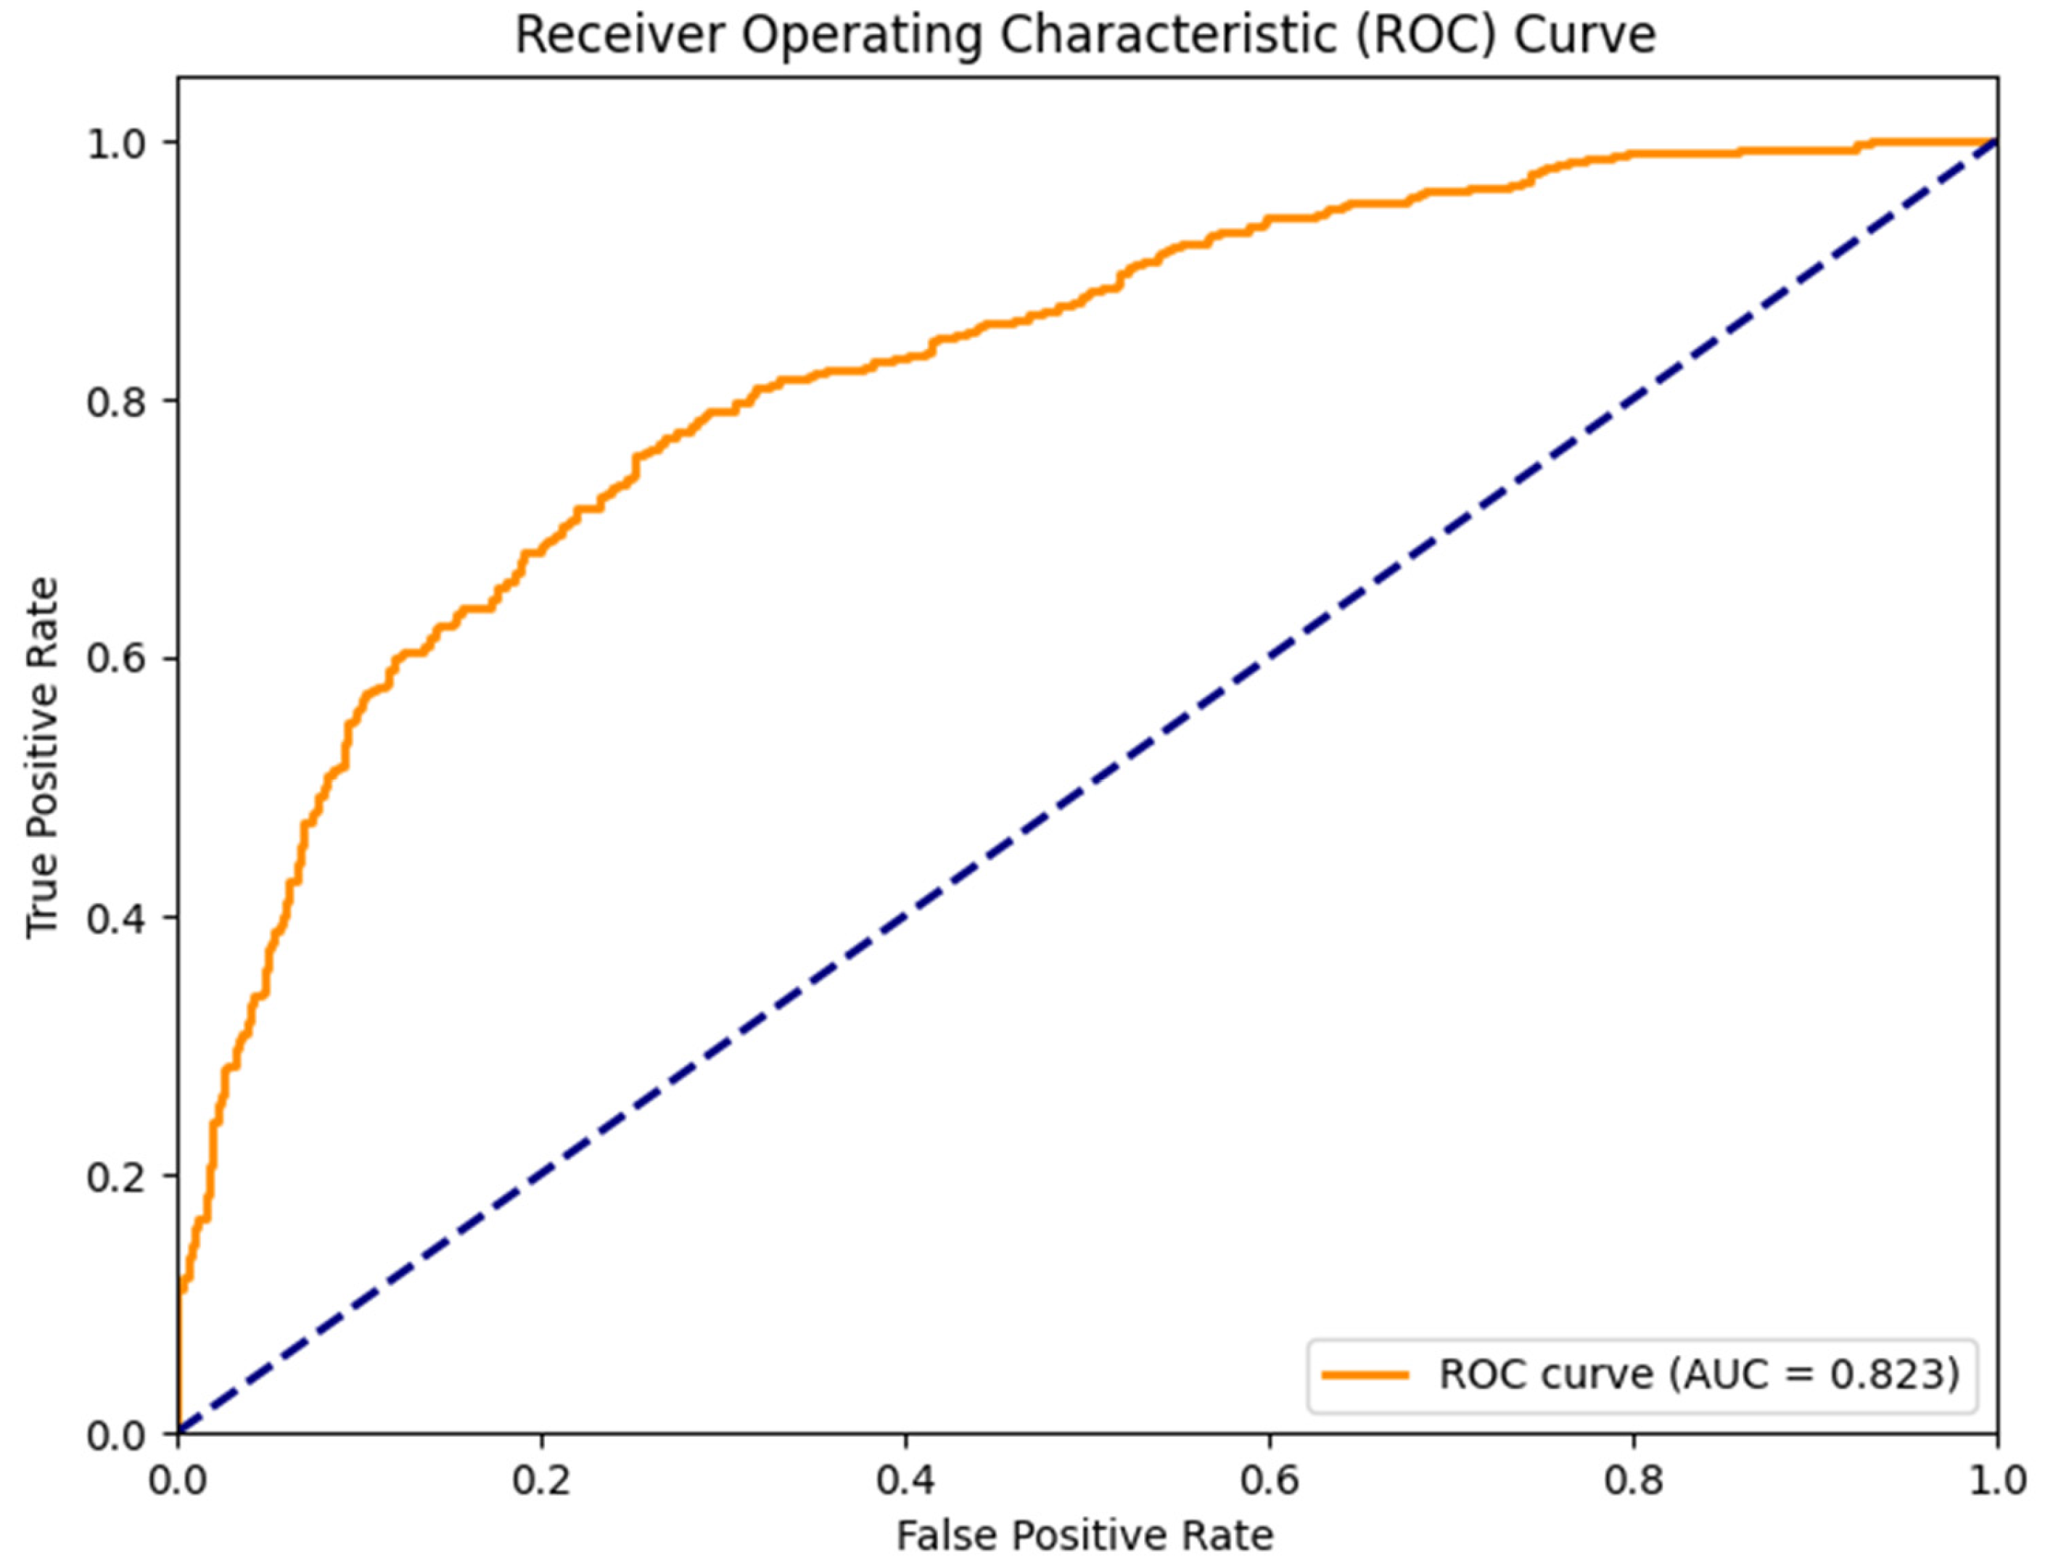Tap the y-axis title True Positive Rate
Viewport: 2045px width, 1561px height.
43,757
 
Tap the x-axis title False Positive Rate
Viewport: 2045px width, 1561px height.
1085,1535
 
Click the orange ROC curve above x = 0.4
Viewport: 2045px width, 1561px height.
906,357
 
